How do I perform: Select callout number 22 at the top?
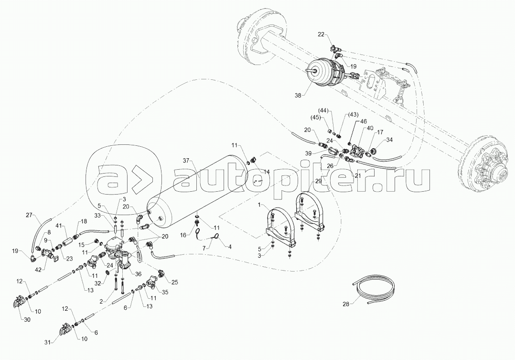(x=321, y=34)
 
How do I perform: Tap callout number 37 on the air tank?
(x=186, y=160)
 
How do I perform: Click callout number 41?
(x=59, y=225)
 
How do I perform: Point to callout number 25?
(x=174, y=283)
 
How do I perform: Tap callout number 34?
(x=389, y=140)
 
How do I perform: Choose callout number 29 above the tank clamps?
(x=318, y=181)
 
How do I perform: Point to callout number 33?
(x=98, y=216)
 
